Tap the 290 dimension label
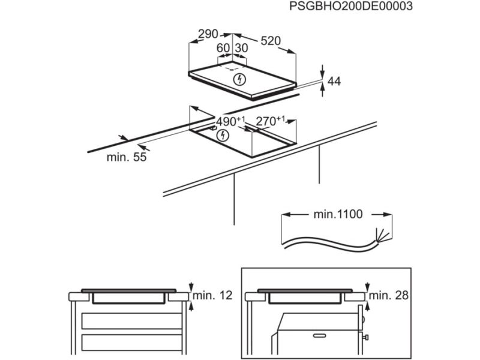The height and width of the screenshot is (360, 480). pos(208,34)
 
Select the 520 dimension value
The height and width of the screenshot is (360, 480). pos(271,40)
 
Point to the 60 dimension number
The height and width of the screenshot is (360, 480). pos(223,48)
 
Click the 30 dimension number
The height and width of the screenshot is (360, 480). pos(241,48)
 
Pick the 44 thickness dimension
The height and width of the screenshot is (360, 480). pos(334,82)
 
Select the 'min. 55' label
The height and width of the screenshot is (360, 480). pos(127,157)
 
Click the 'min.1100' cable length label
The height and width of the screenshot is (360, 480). pos(338,214)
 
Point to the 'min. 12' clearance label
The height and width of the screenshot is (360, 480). pos(214,295)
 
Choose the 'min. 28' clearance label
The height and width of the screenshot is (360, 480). pos(388,295)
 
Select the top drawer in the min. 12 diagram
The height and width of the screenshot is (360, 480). pos(131,321)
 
